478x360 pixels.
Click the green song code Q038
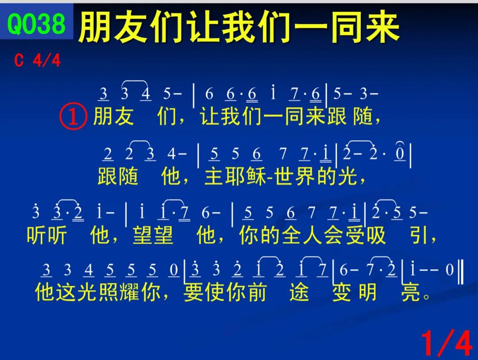[x=36, y=23]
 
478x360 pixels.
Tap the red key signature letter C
[x=19, y=60]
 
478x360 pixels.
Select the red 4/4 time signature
[x=47, y=60]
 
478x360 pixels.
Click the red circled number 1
[x=73, y=117]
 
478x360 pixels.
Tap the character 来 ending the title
[x=382, y=27]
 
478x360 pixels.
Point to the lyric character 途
[x=299, y=292]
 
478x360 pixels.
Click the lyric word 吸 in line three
[x=376, y=235]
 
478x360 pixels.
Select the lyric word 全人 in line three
[x=302, y=235]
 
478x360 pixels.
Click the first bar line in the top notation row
[x=194, y=96]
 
